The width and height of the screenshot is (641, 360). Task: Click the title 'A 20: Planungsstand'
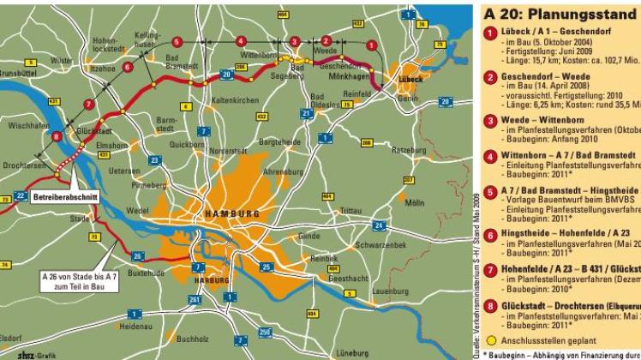tap(561, 14)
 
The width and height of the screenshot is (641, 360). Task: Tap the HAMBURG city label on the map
tap(227, 213)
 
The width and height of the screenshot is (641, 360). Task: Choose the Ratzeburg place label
tap(407, 148)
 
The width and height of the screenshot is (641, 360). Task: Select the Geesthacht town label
tap(348, 279)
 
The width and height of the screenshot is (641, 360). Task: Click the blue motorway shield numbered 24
tap(379, 225)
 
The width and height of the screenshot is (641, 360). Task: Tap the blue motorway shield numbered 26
tap(137, 255)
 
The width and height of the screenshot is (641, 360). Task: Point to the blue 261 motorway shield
tap(195, 298)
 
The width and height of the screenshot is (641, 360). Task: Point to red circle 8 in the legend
tap(491, 305)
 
